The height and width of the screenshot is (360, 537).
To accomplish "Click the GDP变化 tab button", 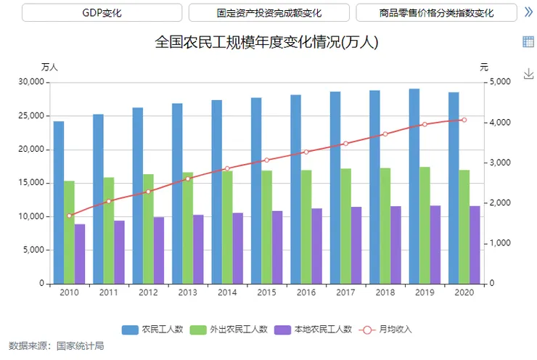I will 102,13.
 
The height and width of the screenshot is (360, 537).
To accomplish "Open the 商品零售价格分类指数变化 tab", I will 436,13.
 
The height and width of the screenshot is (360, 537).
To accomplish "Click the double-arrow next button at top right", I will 528,12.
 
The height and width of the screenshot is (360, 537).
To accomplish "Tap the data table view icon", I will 528,41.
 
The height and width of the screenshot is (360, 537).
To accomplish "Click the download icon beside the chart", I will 528,73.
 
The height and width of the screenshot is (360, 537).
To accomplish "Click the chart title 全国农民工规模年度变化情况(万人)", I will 267,43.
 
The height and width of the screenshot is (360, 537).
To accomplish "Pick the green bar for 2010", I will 69,232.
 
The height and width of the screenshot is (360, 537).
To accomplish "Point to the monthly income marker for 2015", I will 266,160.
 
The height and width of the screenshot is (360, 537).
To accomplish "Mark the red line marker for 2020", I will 464,120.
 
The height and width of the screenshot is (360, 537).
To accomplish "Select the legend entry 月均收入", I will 387,329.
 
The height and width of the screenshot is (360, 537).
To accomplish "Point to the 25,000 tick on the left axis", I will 30,115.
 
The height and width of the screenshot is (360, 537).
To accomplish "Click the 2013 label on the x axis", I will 187,292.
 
